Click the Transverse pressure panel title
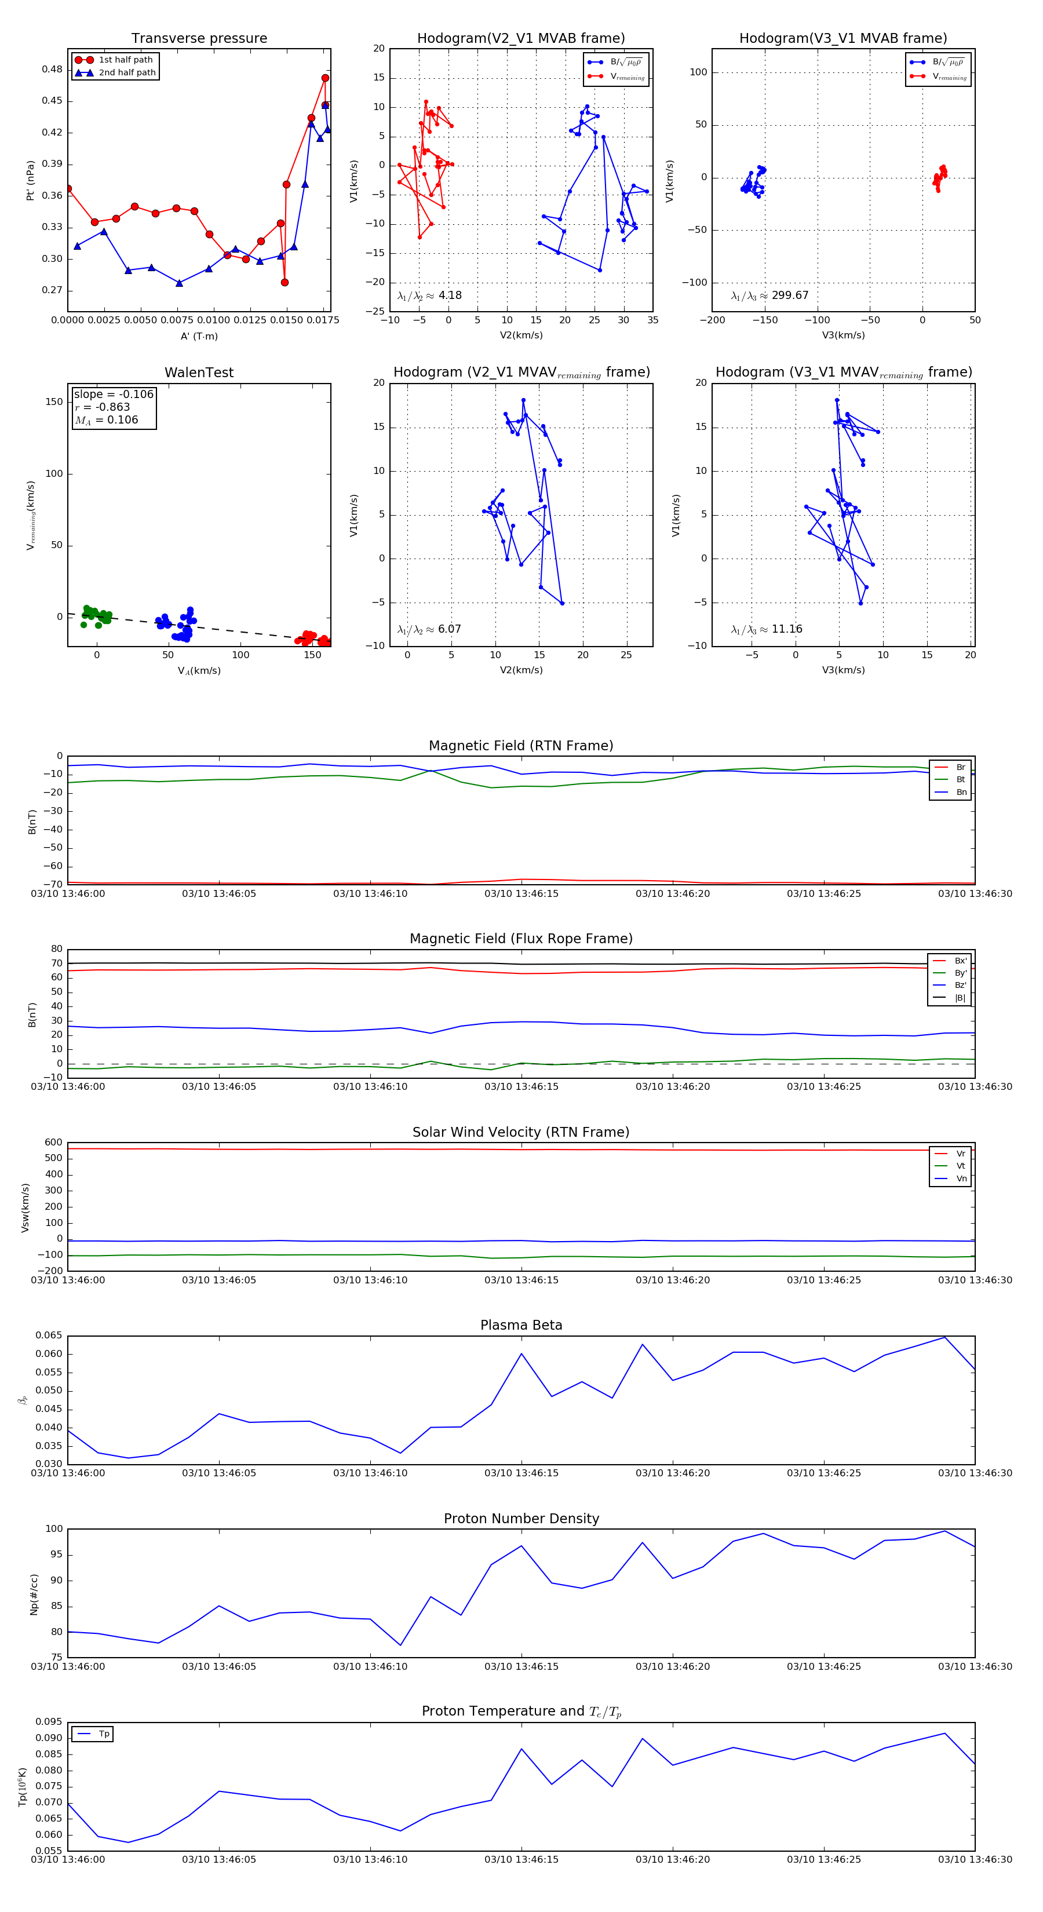click(x=199, y=39)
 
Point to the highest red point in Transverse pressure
click(x=325, y=78)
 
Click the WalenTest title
click(x=199, y=373)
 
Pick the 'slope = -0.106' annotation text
click(x=114, y=394)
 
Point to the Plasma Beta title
click(x=521, y=1325)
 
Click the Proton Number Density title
click(x=521, y=1519)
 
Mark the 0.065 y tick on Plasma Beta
click(x=49, y=1336)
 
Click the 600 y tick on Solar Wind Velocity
click(x=53, y=1143)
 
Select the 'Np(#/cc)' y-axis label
click(x=34, y=1594)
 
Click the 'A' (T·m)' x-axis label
click(x=199, y=336)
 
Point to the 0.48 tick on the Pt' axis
click(x=52, y=70)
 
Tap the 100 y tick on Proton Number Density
click(x=54, y=1529)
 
